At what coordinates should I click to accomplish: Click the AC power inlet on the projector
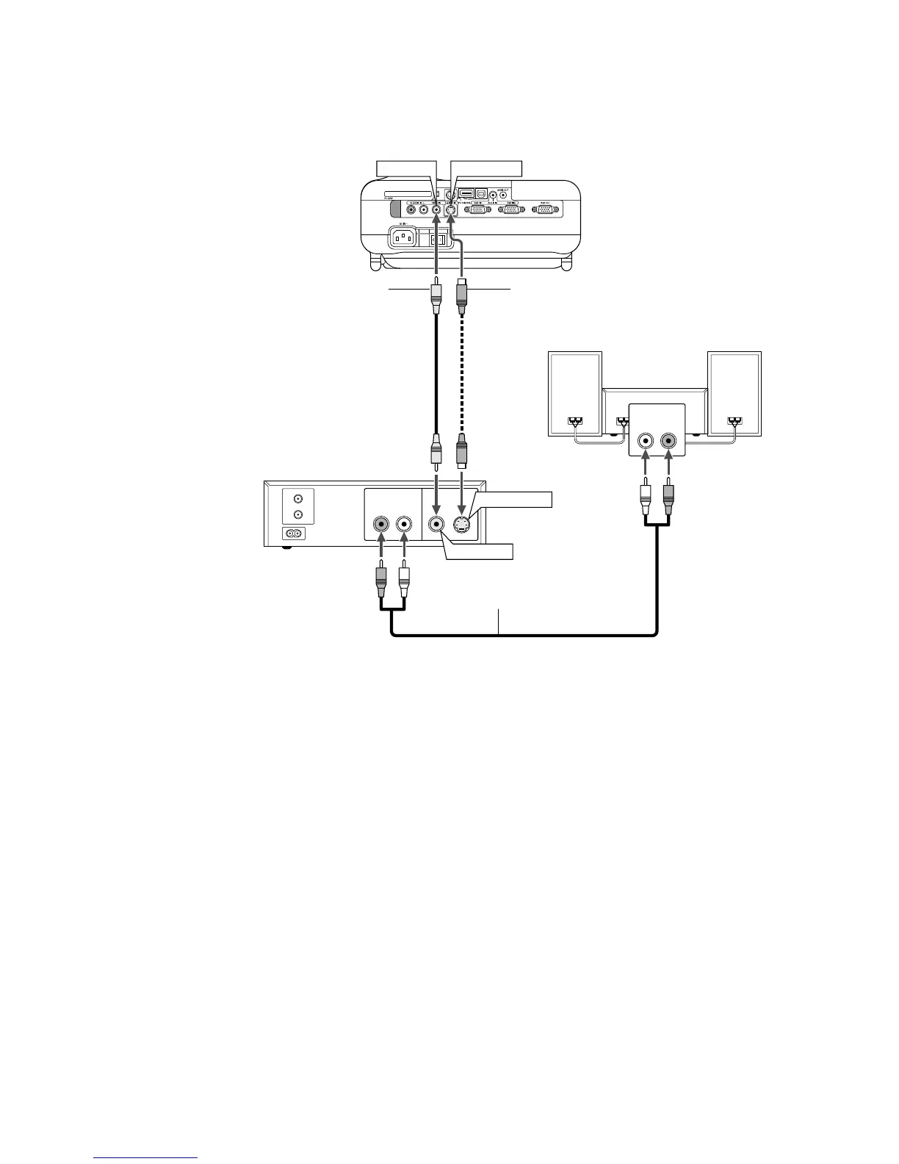tap(403, 237)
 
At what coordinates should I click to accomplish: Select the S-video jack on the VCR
tap(461, 524)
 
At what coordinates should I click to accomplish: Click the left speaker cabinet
tap(576, 393)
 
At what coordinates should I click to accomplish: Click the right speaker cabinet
tap(734, 393)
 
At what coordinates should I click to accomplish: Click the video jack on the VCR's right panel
tap(437, 524)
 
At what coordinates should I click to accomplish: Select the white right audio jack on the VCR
tap(403, 524)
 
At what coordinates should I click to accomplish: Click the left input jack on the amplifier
tap(646, 441)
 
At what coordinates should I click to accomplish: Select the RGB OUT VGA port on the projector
tap(545, 209)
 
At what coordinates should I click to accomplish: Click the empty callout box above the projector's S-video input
tap(485, 168)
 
